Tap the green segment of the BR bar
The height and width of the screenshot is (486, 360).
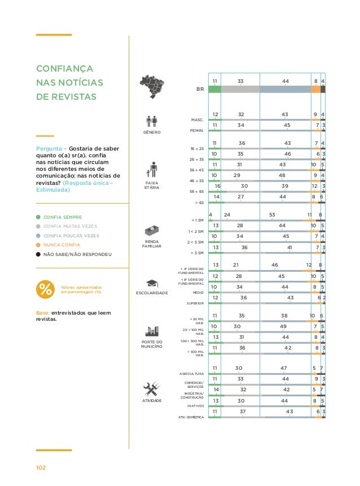click(214, 89)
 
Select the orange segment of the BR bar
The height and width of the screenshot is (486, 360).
click(315, 89)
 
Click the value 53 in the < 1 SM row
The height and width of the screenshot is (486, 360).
click(272, 215)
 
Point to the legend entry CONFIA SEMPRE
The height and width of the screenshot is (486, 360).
click(63, 217)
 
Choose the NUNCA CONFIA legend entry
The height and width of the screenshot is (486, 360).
click(62, 245)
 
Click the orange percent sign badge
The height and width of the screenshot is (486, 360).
click(45, 290)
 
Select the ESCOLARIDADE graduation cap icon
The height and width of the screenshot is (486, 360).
click(151, 283)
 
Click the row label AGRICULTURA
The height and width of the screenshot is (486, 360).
click(190, 374)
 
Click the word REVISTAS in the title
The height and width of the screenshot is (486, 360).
click(73, 96)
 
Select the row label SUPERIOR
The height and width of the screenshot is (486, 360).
click(195, 303)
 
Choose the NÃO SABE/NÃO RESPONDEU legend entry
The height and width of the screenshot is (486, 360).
click(77, 254)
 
